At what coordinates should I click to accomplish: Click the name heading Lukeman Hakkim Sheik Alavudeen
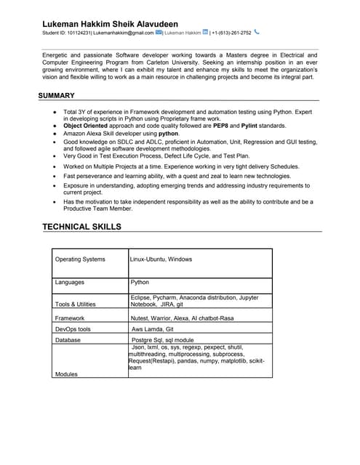[x=110, y=24]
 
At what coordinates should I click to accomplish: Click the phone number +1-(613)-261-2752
[x=231, y=33]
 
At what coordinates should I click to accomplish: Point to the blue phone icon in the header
[x=257, y=32]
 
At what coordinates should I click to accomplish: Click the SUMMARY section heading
[x=56, y=95]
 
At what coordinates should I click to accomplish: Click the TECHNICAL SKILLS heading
[x=81, y=227]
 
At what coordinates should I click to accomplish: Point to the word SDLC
[x=134, y=142]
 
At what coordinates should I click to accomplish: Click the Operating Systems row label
[x=80, y=259]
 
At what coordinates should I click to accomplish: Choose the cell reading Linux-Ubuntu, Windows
[x=161, y=259]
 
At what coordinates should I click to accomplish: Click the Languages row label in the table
[x=70, y=282]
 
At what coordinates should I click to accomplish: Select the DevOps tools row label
[x=73, y=329]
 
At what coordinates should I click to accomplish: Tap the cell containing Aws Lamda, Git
[x=152, y=329]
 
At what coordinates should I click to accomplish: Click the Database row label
[x=68, y=339]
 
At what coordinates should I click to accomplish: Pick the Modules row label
[x=66, y=373]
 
